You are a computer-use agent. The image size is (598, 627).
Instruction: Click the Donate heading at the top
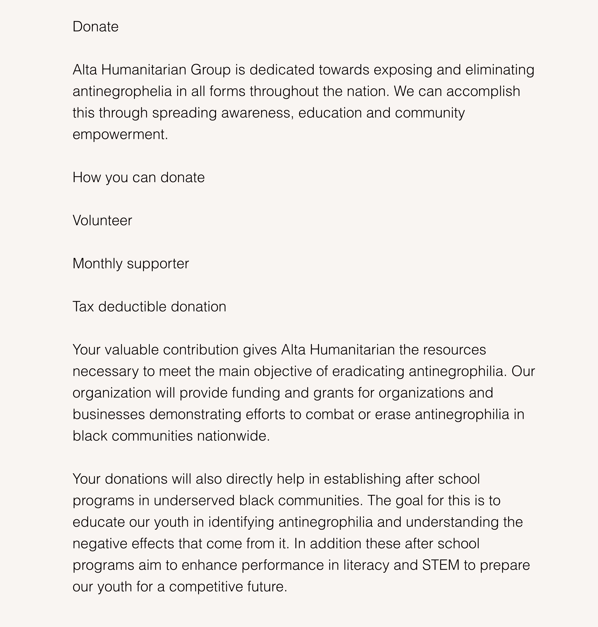95,27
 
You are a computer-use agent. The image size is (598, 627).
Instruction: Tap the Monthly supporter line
131,264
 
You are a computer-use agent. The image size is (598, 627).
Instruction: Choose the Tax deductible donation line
149,307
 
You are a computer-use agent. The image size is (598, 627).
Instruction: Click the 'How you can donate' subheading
138,177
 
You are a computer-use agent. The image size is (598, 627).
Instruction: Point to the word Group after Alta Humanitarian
210,70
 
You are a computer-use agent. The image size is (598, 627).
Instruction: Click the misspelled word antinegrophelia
122,91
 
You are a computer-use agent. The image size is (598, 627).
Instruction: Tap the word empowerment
120,134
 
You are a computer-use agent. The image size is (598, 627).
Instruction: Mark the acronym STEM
441,565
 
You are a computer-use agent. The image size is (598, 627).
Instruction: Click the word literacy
366,565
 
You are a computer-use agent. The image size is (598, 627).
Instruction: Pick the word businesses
109,414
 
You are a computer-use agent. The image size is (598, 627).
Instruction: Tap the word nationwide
233,436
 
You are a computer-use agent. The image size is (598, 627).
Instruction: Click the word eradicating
368,371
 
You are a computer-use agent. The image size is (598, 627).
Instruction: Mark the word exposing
402,70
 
